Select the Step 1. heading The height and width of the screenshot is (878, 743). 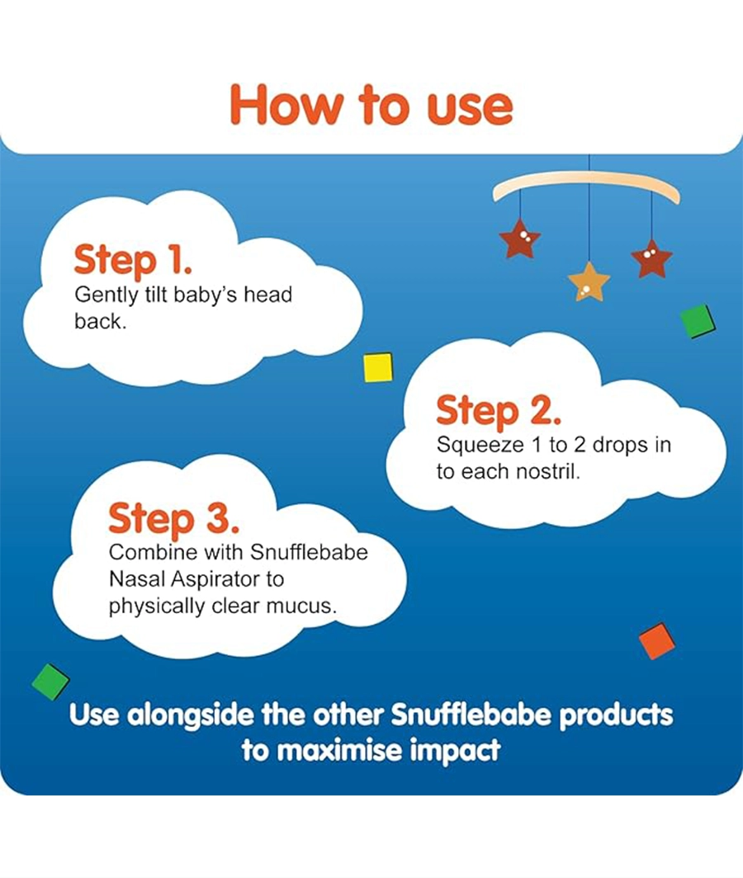pos(134,261)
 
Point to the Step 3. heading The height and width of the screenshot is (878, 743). pos(173,518)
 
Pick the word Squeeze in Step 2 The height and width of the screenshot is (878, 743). pos(480,446)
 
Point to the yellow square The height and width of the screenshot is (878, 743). pos(378,367)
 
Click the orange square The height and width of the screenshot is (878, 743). pos(656,641)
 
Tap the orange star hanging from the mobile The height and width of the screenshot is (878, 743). pos(589,281)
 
